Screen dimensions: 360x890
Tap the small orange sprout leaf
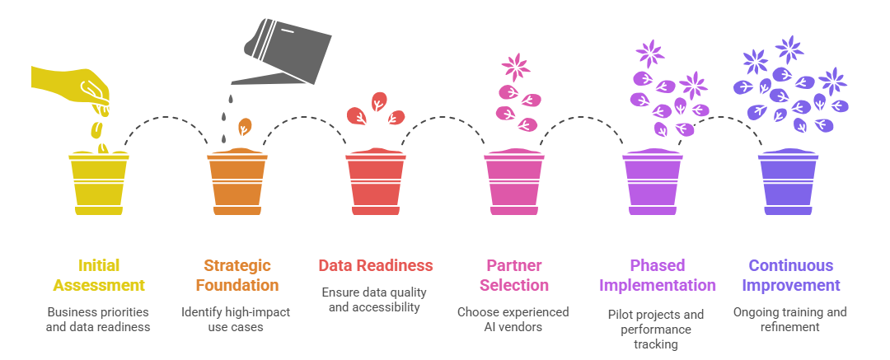[245, 126]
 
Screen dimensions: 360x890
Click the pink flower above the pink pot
[517, 67]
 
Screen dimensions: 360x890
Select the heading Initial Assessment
[99, 275]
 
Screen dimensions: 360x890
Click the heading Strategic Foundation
[237, 275]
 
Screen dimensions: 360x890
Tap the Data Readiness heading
[376, 265]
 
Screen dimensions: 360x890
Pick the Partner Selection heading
[514, 275]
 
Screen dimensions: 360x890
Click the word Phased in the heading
[658, 265]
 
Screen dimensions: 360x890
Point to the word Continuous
[791, 265]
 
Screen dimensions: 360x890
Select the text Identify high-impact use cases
[237, 320]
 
